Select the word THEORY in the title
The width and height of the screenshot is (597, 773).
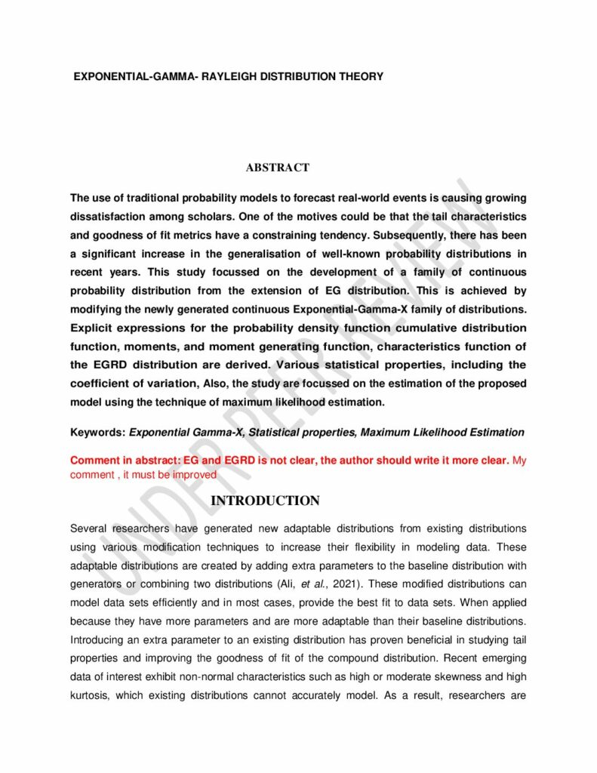358,77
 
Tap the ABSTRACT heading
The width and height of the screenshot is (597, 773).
277,168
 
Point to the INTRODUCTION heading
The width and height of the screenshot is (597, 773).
265,501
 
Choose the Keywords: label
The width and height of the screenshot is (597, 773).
97,433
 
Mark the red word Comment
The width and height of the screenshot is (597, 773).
93,460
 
